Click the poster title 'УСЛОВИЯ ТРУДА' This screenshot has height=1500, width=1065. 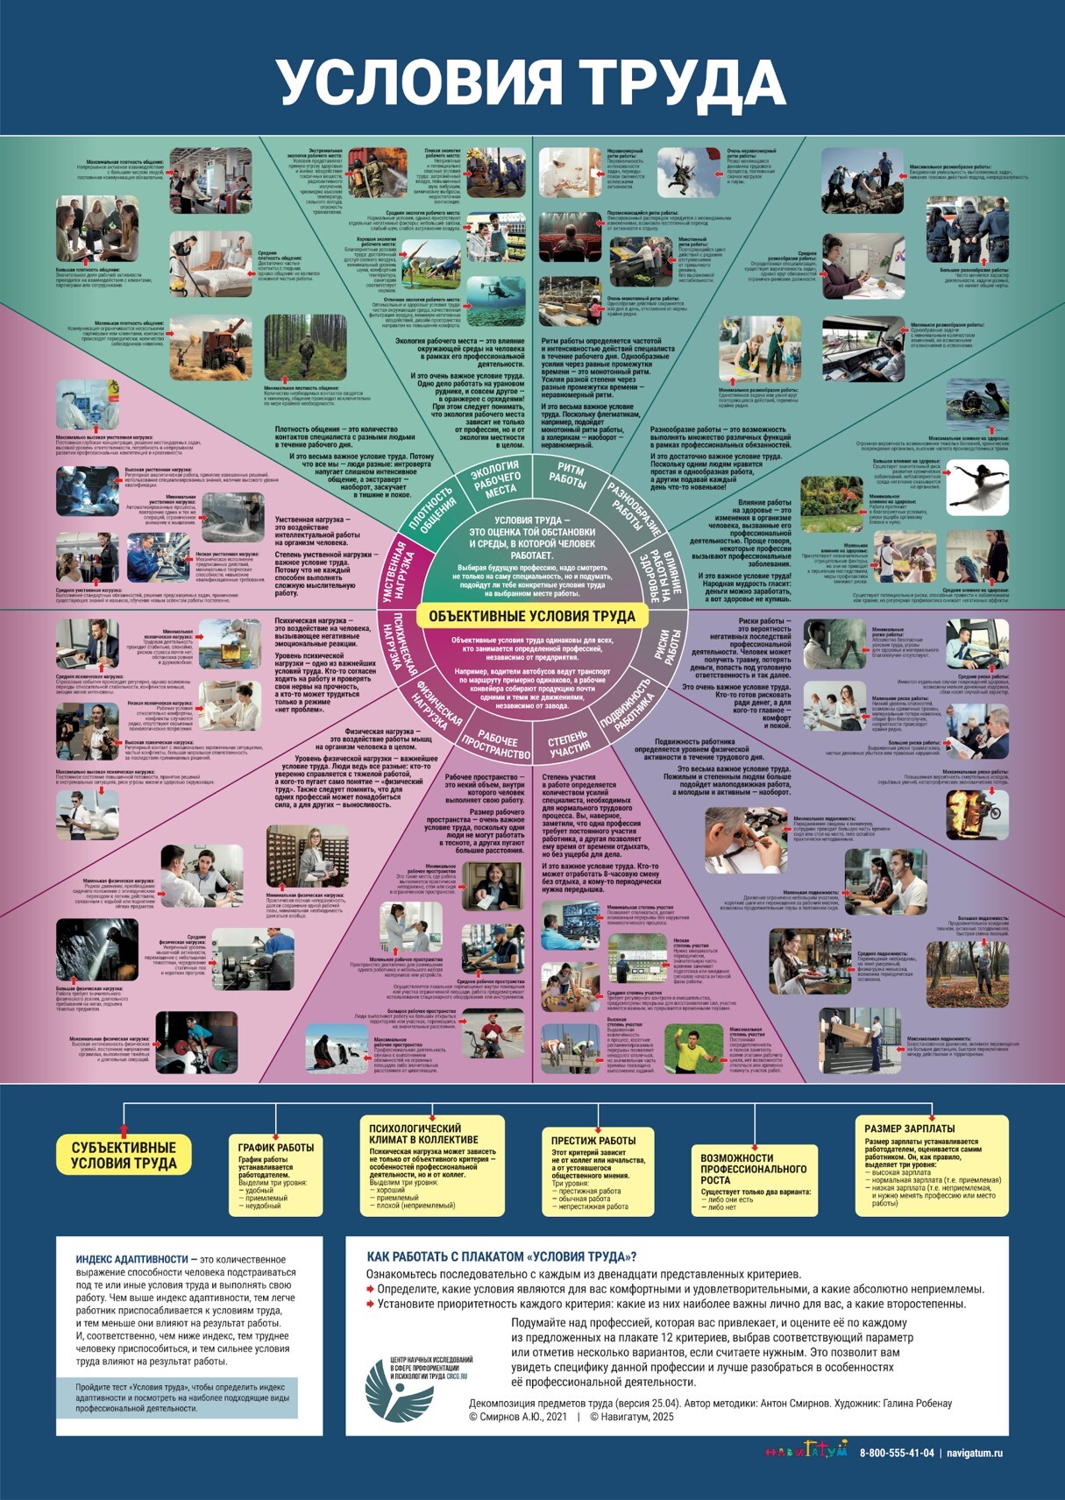[x=531, y=82]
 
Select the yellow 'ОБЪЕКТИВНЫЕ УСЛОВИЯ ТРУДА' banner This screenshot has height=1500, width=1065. [x=532, y=616]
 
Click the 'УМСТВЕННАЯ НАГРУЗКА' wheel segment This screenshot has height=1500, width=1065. [x=400, y=571]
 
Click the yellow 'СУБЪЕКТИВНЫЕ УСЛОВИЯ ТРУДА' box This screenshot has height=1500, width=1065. [x=124, y=1156]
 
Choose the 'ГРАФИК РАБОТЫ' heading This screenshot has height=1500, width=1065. [x=276, y=1147]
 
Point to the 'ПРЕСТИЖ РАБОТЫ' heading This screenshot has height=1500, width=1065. [x=593, y=1140]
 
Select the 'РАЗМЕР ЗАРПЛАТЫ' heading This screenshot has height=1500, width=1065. [x=910, y=1129]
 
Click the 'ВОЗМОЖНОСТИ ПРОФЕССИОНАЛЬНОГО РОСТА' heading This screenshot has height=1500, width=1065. [x=753, y=1169]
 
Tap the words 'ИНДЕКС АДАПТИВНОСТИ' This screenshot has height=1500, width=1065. [x=131, y=1259]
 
